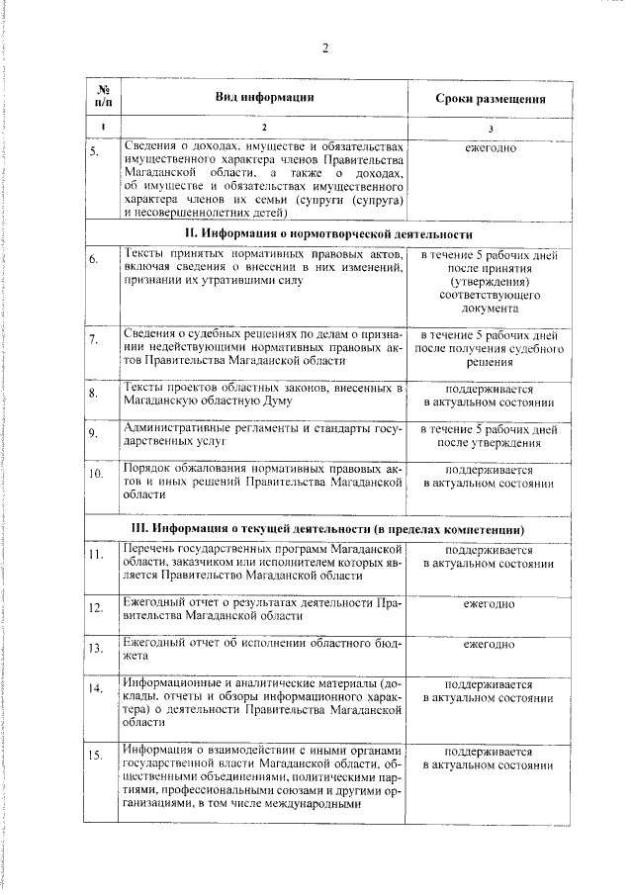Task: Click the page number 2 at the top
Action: click(x=324, y=50)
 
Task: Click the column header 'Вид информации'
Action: click(x=265, y=97)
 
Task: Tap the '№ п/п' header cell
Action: click(x=103, y=96)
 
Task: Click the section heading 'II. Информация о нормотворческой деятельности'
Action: click(x=329, y=233)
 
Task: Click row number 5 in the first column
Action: click(x=94, y=152)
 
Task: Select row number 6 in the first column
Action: click(x=94, y=259)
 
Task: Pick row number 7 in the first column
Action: click(x=94, y=340)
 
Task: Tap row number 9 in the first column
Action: click(x=94, y=432)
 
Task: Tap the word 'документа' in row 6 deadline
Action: click(x=489, y=309)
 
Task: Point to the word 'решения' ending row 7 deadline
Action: click(x=489, y=363)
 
